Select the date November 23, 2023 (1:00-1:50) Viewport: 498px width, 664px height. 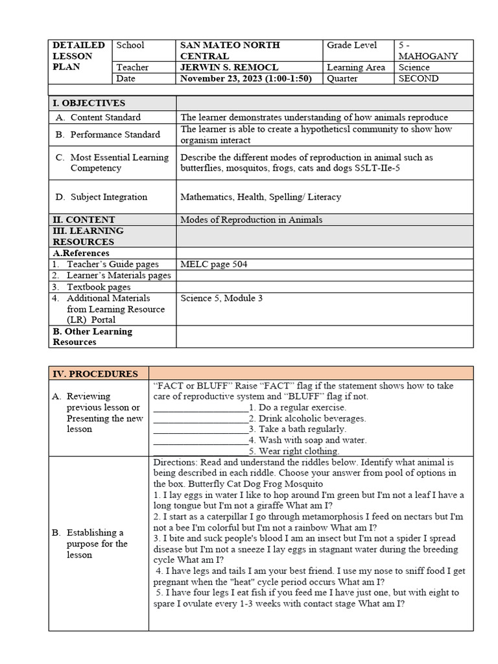(x=246, y=78)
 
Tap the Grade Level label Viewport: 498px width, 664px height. (x=351, y=45)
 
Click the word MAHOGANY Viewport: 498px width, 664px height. (x=429, y=56)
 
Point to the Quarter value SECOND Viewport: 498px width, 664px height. (x=419, y=78)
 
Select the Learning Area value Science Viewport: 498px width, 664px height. (x=414, y=67)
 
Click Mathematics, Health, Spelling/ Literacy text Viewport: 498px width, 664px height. (x=260, y=197)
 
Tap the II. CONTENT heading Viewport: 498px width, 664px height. (x=84, y=220)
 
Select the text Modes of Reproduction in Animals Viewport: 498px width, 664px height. (x=251, y=220)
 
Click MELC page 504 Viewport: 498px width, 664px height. (x=213, y=265)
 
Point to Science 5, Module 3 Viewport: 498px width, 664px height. (x=221, y=298)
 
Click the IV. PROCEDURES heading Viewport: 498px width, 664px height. (x=95, y=373)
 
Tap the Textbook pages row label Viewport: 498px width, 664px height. (x=98, y=287)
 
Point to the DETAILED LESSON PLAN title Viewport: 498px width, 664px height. (x=78, y=56)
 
